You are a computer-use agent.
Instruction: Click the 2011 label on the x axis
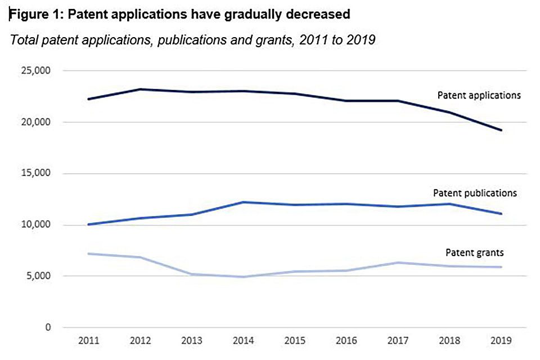[x=89, y=341]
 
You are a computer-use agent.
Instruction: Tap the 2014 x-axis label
[x=244, y=341]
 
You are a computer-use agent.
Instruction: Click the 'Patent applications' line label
[x=479, y=95]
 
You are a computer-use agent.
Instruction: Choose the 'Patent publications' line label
[x=475, y=193]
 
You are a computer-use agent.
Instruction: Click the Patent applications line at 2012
[x=141, y=89]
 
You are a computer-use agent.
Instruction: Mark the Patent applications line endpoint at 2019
[x=501, y=130]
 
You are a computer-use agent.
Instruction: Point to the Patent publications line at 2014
[x=244, y=202]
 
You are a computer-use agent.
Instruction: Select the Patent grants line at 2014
[x=244, y=277]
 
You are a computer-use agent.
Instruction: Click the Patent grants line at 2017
[x=398, y=263]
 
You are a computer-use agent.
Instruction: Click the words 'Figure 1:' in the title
[x=34, y=15]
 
